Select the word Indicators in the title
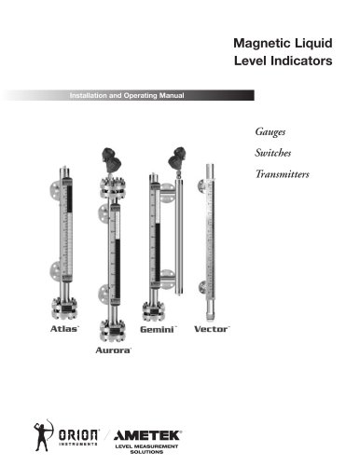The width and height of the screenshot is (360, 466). click(x=301, y=61)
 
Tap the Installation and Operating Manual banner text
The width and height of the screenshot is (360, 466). click(x=127, y=95)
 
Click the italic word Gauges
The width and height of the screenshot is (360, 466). click(x=270, y=131)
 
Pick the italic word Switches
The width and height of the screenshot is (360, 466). click(x=273, y=153)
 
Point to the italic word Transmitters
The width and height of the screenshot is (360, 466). click(x=283, y=174)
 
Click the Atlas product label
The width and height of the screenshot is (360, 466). click(x=64, y=329)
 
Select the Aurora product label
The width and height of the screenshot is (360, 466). click(x=113, y=350)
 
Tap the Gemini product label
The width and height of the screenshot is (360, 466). click(x=158, y=329)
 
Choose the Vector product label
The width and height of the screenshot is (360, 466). click(x=212, y=329)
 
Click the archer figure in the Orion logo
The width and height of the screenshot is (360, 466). click(x=43, y=434)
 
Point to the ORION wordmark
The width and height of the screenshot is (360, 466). click(x=79, y=435)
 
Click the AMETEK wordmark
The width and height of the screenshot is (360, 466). click(x=147, y=435)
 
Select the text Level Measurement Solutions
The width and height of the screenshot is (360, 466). click(x=146, y=449)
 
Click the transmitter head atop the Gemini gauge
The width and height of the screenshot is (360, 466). click(x=177, y=158)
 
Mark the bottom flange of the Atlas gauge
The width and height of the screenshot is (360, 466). click(x=64, y=308)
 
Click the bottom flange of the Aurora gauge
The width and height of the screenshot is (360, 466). click(x=113, y=331)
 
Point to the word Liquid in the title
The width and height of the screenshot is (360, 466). click(x=313, y=43)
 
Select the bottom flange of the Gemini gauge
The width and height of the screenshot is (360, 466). click(x=155, y=311)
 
